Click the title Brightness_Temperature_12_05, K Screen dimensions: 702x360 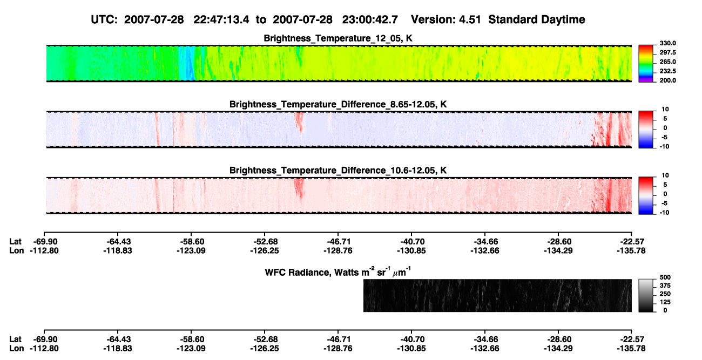[x=338, y=38]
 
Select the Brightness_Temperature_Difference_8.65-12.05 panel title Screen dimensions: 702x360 [x=338, y=104]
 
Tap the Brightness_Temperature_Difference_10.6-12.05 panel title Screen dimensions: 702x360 [x=338, y=171]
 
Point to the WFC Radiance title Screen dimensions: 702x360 [x=338, y=272]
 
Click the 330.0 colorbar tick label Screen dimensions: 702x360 [x=667, y=43]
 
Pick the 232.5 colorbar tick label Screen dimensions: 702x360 [x=667, y=71]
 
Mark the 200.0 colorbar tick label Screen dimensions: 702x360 [x=667, y=80]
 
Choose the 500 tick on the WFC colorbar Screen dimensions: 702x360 [x=665, y=277]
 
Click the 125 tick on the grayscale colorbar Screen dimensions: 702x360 [x=665, y=302]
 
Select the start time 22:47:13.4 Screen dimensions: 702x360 [x=221, y=20]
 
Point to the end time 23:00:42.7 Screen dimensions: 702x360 [x=370, y=20]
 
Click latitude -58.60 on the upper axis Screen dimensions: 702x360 [x=191, y=242]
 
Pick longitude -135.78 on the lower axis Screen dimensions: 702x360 [x=631, y=348]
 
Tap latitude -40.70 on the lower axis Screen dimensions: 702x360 [x=411, y=339]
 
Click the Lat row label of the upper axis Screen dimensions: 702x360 [x=15, y=242]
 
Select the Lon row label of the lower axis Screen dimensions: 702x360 [x=16, y=348]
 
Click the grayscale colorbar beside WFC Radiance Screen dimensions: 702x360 [x=646, y=295]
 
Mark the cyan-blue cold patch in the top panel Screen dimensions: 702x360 [x=187, y=63]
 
